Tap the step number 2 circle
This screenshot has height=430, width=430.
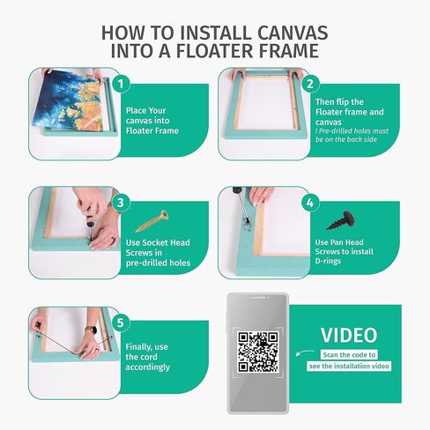(x=309, y=86)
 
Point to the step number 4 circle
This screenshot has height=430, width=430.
(x=309, y=202)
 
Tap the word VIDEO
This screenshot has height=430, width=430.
(x=348, y=335)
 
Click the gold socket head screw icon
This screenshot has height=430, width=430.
(x=151, y=219)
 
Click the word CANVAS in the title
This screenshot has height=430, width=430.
(x=296, y=33)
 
